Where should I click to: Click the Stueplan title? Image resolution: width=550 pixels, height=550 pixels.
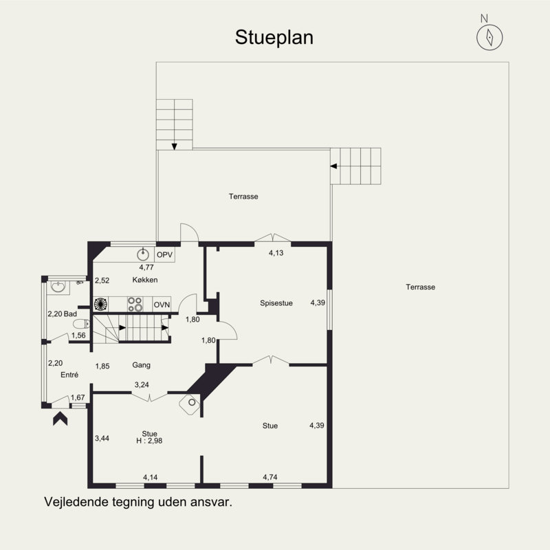tap(274, 38)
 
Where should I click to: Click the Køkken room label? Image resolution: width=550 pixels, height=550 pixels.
tap(145, 280)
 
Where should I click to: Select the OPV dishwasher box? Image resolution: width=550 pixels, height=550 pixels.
tap(164, 254)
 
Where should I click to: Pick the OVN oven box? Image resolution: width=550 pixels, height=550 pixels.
tap(162, 305)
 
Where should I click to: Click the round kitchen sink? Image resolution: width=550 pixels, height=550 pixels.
tap(143, 254)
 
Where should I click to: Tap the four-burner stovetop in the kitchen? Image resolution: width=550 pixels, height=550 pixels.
tap(135, 304)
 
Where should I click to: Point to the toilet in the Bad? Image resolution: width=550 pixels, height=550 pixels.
tap(81, 324)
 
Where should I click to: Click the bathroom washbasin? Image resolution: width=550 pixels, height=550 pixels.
tap(58, 287)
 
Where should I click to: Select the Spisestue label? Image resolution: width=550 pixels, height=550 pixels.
tap(276, 303)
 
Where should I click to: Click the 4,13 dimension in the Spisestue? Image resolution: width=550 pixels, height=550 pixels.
tap(276, 253)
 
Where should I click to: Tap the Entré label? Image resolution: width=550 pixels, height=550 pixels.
tap(69, 375)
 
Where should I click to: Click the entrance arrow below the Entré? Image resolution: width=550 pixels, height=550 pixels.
tap(60, 419)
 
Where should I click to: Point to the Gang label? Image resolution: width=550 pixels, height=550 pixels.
tap(142, 365)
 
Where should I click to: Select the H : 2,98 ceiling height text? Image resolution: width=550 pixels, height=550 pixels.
tap(149, 441)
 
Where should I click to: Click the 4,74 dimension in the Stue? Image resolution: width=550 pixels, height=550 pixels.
tap(270, 477)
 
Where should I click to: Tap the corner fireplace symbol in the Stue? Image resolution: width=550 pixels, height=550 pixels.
tap(190, 404)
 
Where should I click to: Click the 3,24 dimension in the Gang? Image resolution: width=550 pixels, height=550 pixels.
tap(142, 385)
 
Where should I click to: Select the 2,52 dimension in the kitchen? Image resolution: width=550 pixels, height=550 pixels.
tap(102, 280)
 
